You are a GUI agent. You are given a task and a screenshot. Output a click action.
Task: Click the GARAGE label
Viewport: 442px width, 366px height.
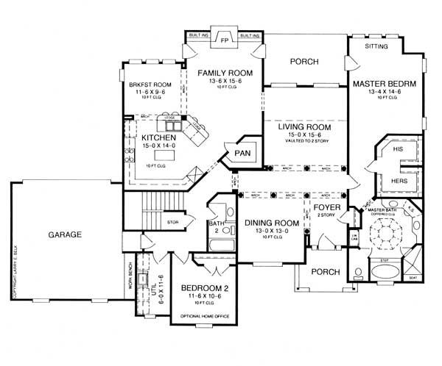(65, 235)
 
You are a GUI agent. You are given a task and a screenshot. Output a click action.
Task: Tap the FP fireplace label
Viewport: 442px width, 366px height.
(225, 42)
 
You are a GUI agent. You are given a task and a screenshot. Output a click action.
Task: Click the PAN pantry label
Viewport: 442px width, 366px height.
(242, 152)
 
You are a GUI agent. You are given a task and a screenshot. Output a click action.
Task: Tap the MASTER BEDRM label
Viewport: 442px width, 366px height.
(384, 83)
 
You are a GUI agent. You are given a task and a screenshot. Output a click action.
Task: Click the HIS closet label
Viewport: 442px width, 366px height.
(399, 149)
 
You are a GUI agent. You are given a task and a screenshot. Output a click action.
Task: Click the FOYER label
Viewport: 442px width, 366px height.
(326, 207)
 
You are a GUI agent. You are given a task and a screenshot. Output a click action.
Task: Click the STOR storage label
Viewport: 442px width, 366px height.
(173, 220)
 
